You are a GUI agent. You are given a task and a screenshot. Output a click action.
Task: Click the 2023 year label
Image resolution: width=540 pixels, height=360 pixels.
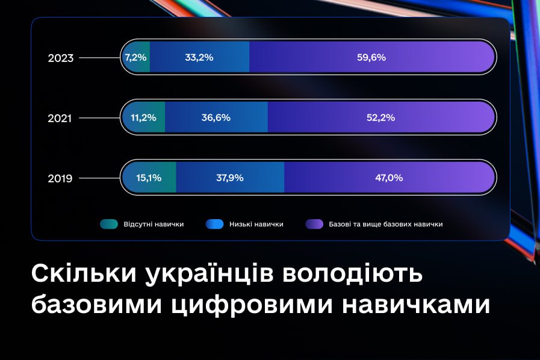(x=61, y=58)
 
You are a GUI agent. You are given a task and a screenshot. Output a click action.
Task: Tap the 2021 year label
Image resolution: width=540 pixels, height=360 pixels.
(x=60, y=118)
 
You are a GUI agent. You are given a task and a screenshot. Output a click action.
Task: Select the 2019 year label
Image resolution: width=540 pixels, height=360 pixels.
(x=60, y=178)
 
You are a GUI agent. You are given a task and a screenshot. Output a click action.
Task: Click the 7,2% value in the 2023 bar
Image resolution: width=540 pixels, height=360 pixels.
(x=135, y=57)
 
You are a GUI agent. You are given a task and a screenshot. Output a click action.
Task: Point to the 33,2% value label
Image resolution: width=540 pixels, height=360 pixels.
(x=199, y=57)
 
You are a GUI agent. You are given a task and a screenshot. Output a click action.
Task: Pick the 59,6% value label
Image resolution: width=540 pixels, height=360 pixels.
(x=371, y=57)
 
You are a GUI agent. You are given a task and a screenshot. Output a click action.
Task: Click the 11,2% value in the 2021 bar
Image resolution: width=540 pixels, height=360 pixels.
(x=143, y=117)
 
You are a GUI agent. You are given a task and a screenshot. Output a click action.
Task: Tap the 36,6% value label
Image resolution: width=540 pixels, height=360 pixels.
(x=216, y=117)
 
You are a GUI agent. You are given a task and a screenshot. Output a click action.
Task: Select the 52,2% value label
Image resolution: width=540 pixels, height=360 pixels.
(x=380, y=117)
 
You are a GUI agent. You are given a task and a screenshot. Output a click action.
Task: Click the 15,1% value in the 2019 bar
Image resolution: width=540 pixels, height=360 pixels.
(x=149, y=178)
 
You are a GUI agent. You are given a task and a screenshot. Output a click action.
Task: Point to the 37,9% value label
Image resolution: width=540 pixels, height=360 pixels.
(x=230, y=178)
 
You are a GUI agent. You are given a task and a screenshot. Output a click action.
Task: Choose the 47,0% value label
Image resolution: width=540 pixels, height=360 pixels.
(x=389, y=178)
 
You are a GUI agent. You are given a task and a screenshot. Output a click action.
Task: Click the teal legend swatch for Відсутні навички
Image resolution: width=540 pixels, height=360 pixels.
(x=109, y=224)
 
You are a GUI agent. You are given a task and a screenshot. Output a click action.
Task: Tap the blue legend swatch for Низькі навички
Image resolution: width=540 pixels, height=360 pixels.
(x=214, y=224)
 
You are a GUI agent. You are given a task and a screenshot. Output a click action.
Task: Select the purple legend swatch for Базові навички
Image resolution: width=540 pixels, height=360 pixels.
(x=314, y=224)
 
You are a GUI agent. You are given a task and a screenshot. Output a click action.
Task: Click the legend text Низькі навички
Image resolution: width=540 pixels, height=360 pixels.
(x=256, y=225)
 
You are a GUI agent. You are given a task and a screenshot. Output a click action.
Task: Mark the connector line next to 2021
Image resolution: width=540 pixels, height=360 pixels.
(x=99, y=118)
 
